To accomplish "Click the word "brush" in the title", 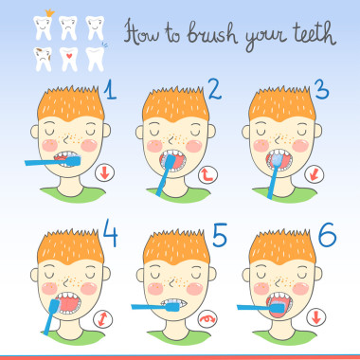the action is (211, 33).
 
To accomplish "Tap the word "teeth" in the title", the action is (313, 33).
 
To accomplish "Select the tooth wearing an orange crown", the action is (44, 26).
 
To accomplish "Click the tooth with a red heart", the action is (69, 59).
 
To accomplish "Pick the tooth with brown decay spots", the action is (43, 59).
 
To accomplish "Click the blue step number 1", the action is (110, 89).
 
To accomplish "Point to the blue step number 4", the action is (110, 233).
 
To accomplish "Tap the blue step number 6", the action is (327, 235).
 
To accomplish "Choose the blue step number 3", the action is (321, 89).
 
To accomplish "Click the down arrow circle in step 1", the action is (105, 172).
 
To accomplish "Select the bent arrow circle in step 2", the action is (208, 174).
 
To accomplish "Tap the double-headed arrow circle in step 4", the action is (102, 319).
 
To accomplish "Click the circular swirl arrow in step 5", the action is (207, 319).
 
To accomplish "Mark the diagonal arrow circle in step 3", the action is (315, 174).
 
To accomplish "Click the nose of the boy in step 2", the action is (171, 139).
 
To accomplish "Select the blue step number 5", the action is (220, 235).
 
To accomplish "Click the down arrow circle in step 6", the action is (316, 317).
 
